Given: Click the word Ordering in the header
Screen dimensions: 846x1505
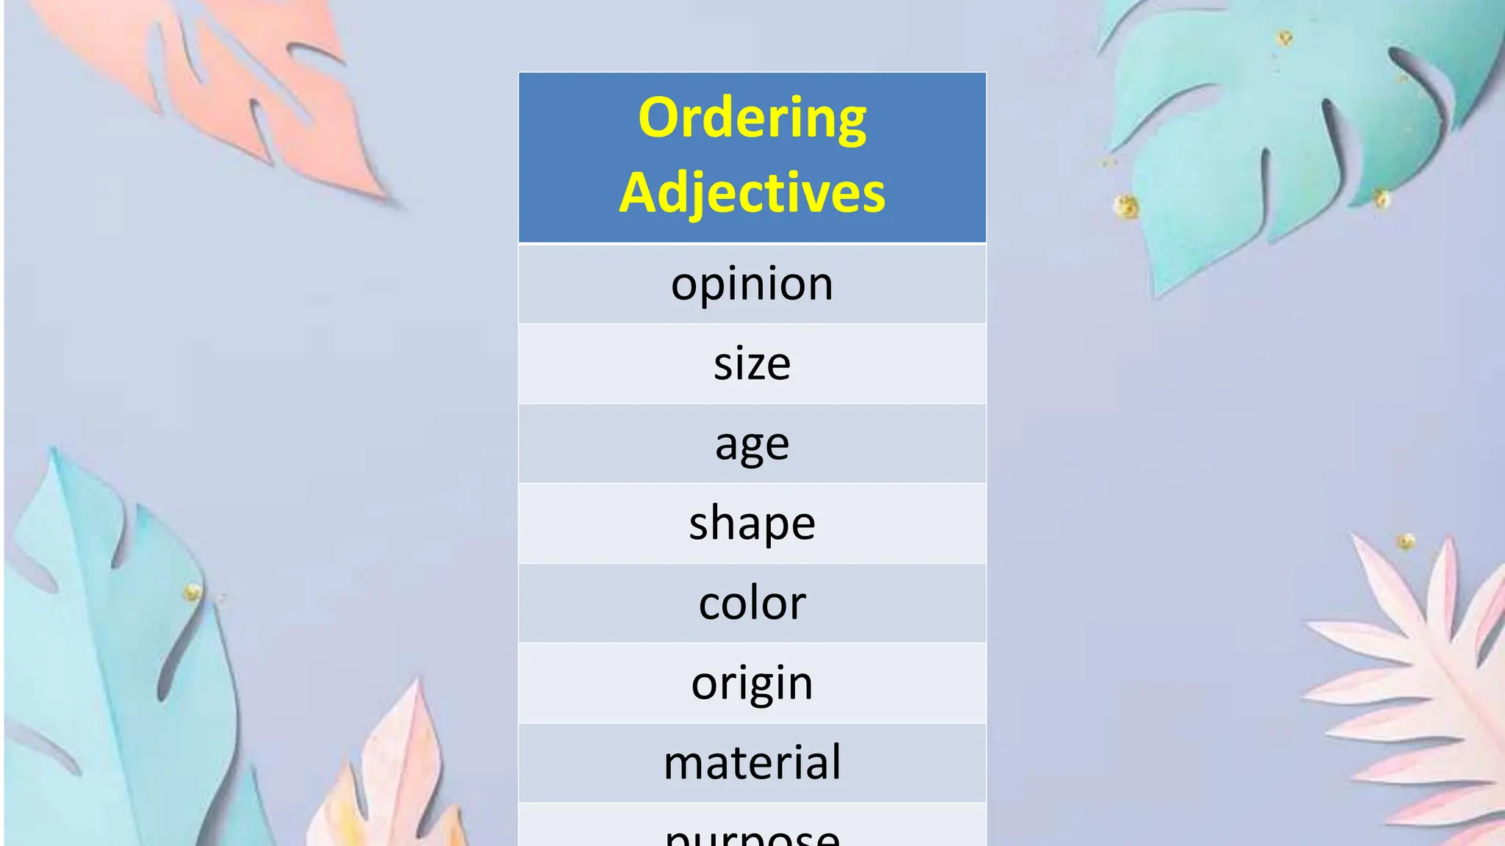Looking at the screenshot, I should pyautogui.click(x=752, y=117).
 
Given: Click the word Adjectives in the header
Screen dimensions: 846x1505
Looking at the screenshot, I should pyautogui.click(x=752, y=192).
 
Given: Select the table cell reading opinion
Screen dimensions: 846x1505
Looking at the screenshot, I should pyautogui.click(x=752, y=284).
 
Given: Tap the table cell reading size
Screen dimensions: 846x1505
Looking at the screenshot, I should pyautogui.click(x=752, y=364).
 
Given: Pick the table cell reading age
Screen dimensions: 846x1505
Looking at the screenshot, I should pyautogui.click(x=752, y=444).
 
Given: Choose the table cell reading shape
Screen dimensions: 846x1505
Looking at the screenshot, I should pyautogui.click(x=752, y=523).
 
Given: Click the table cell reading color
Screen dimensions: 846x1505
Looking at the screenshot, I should pyautogui.click(x=752, y=603).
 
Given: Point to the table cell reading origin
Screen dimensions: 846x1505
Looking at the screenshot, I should pyautogui.click(x=752, y=683).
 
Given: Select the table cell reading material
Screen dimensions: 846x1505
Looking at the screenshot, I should pyautogui.click(x=752, y=762).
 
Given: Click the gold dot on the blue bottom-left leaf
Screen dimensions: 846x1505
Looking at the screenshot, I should pyautogui.click(x=193, y=592).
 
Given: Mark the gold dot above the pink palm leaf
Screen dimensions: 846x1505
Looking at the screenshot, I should pyautogui.click(x=1406, y=542).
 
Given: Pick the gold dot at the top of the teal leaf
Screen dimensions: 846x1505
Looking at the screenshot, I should pyautogui.click(x=1285, y=37).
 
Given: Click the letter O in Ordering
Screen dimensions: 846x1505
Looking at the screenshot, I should pyautogui.click(x=658, y=117).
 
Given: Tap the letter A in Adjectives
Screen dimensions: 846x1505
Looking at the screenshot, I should pyautogui.click(x=639, y=192).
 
